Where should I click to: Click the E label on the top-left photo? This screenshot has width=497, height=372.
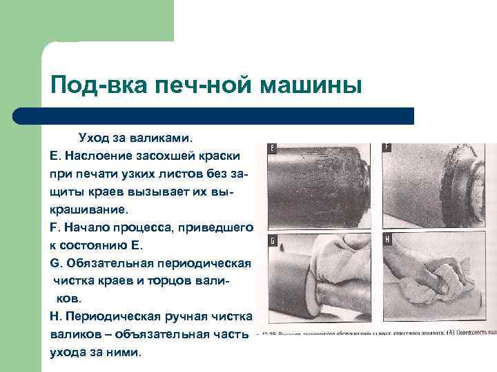coord(273,148)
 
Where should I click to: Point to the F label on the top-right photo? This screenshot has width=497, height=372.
coord(387,147)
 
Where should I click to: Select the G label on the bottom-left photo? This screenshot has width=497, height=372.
coord(273,240)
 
